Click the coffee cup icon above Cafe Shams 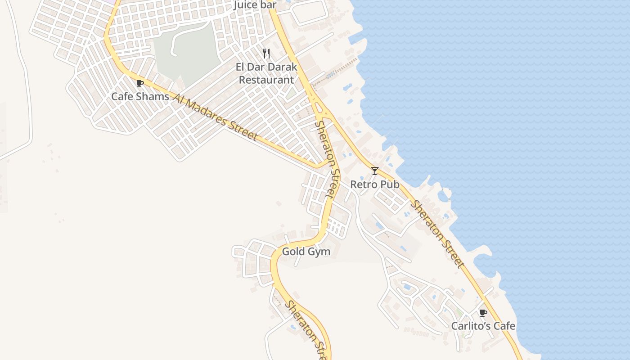[139, 83]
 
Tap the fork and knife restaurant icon [266, 54]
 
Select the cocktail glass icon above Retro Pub [374, 171]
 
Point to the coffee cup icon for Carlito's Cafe [483, 313]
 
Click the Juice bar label [255, 5]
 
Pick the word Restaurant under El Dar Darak [266, 80]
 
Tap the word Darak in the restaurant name [283, 67]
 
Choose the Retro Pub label [374, 184]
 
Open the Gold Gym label [306, 252]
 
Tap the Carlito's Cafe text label [483, 326]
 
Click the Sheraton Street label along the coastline [436, 234]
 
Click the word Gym [319, 252]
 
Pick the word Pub [390, 184]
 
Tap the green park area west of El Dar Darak [189, 52]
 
